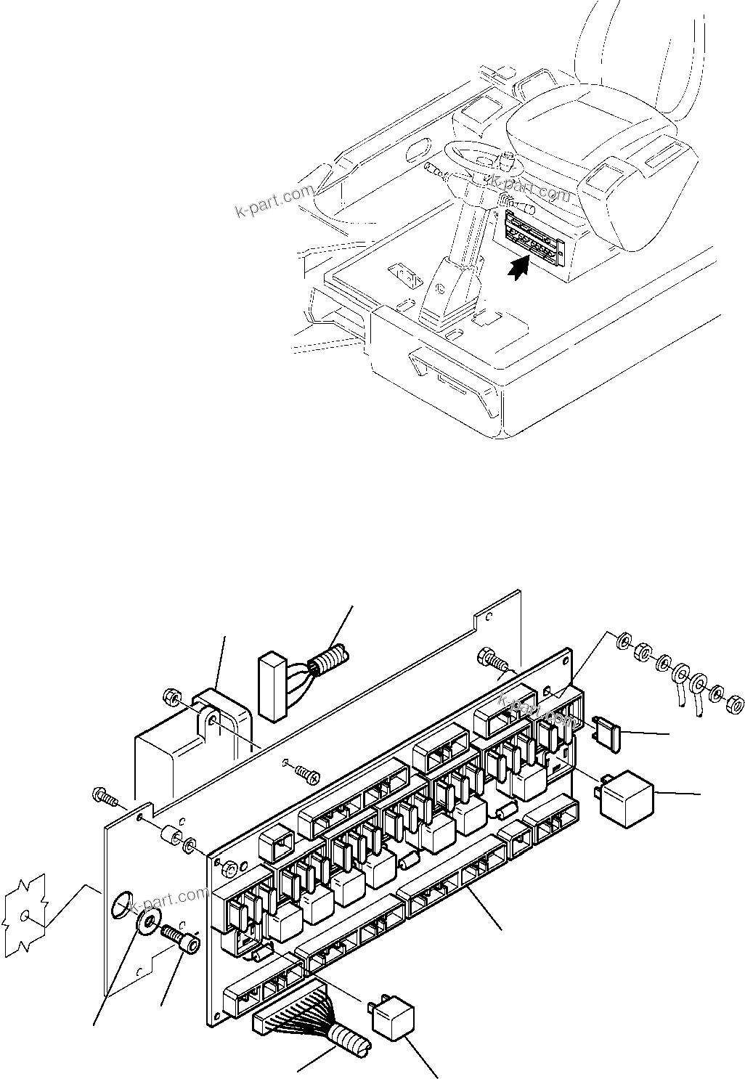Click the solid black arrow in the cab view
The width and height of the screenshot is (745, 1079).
coord(516,268)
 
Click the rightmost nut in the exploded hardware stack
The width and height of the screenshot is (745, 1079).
coord(736,704)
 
